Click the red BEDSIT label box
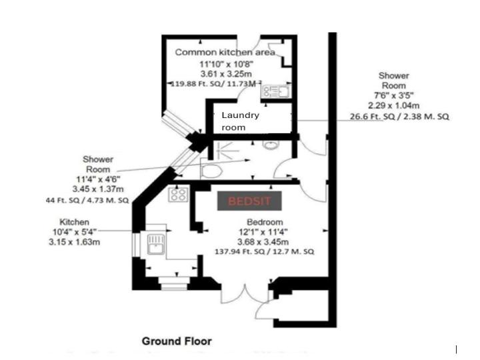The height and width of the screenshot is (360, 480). coord(249,201)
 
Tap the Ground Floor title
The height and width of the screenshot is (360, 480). coord(177,341)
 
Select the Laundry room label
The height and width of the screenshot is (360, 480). coord(240,121)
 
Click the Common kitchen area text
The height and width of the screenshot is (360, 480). coord(225,53)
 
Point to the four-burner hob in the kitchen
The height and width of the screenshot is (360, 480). coord(178,194)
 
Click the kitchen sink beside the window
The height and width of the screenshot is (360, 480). coord(156,244)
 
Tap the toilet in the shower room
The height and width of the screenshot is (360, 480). coord(211,171)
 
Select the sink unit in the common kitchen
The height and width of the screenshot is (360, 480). coord(276,91)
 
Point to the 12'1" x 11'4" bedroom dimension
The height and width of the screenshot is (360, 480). coord(263,232)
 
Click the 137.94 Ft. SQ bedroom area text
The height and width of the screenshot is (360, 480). coord(264,251)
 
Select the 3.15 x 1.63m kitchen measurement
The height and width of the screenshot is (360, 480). coord(75,242)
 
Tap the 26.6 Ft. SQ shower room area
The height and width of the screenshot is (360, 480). coord(399,117)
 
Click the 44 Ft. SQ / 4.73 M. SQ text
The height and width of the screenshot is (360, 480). coord(87,201)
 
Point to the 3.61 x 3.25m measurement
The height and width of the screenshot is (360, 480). coord(226,74)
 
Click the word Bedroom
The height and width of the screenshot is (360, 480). coord(265,222)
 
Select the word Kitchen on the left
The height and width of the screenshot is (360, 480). coord(75,222)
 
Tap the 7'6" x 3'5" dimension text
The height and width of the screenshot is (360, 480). coord(393,95)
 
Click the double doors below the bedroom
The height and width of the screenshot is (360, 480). coord(245,294)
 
